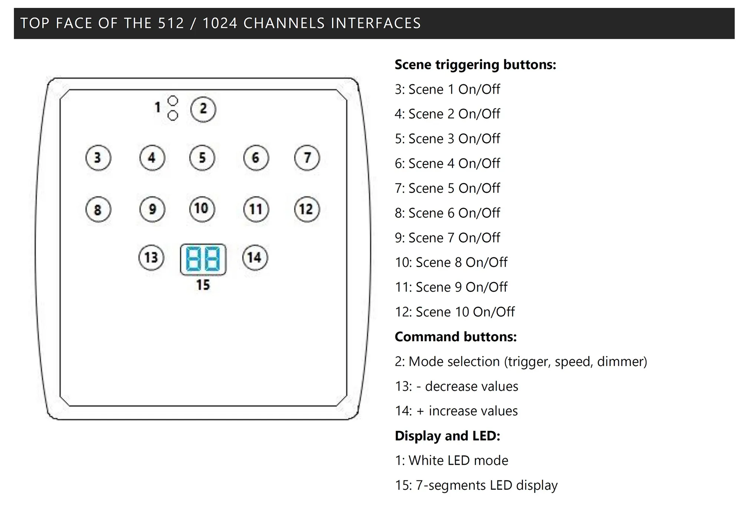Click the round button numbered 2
(x=203, y=109)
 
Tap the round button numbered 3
(x=98, y=158)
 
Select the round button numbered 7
(x=307, y=158)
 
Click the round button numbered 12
(x=307, y=209)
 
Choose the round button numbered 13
(x=151, y=258)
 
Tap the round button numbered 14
(x=255, y=258)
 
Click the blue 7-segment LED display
(x=203, y=259)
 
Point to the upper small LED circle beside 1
(x=173, y=101)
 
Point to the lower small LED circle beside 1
(x=173, y=116)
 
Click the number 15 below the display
(x=203, y=285)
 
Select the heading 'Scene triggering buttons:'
(x=475, y=65)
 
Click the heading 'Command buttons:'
(x=456, y=337)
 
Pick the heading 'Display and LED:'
(x=447, y=436)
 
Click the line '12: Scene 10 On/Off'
(x=454, y=312)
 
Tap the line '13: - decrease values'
(x=456, y=386)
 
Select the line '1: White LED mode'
(x=452, y=461)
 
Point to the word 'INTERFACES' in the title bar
(x=376, y=23)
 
